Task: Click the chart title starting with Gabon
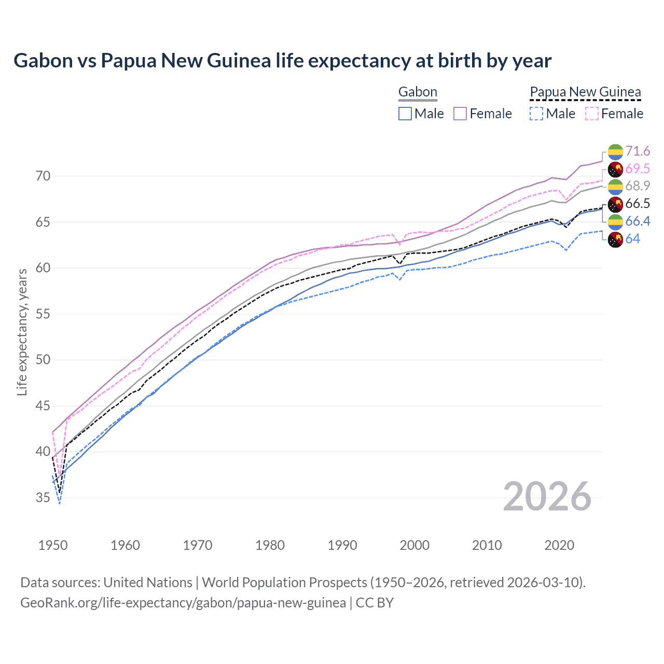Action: (x=282, y=61)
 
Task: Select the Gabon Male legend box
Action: (x=405, y=114)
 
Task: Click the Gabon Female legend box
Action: (x=460, y=114)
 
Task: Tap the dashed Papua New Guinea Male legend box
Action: (x=536, y=114)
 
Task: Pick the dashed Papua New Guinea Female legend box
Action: (x=592, y=114)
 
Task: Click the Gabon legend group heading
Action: (x=418, y=92)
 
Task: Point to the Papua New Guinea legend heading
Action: (x=585, y=92)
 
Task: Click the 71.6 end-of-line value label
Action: (x=638, y=151)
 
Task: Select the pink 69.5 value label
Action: (x=638, y=169)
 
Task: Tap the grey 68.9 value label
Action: (x=638, y=186)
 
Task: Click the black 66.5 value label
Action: (x=638, y=203)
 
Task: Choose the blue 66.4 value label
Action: (x=638, y=221)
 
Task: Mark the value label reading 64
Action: (x=632, y=239)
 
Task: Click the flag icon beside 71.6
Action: (x=615, y=151)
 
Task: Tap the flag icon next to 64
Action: (x=615, y=240)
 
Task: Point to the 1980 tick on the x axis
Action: (x=270, y=545)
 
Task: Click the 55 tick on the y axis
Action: (x=43, y=314)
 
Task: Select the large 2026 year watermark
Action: (x=547, y=497)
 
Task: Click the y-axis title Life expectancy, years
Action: (x=22, y=332)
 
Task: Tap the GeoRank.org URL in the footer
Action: (x=183, y=603)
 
